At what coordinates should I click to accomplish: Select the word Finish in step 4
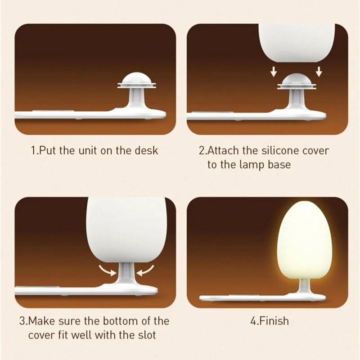274,321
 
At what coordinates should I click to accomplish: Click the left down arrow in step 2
273,72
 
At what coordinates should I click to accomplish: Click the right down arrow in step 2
319,72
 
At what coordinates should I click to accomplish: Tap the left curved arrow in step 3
108,270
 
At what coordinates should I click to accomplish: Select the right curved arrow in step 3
145,270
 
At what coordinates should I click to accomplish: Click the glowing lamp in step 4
304,239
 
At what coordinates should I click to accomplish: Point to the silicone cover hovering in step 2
297,42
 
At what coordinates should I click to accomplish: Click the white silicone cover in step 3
126,230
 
